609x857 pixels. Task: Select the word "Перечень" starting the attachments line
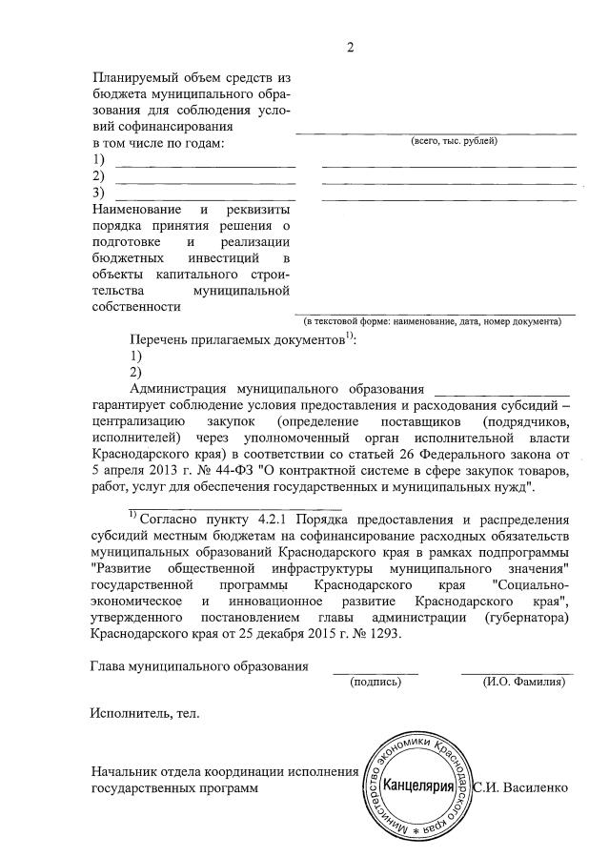[159, 339]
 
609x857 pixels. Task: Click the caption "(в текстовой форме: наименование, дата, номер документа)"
[438, 321]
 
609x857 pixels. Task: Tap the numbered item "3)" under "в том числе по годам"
[97, 194]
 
